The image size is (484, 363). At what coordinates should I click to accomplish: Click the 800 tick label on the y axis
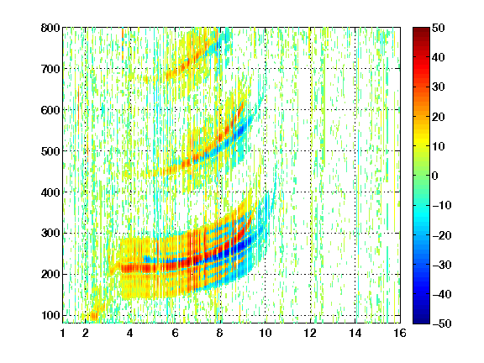[x=50, y=28]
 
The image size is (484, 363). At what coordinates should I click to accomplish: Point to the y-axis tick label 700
[x=50, y=69]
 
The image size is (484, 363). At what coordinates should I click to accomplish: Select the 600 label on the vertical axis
[x=50, y=110]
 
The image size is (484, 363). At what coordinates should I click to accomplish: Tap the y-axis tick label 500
[x=50, y=151]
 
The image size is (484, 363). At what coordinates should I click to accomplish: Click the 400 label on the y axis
[x=50, y=192]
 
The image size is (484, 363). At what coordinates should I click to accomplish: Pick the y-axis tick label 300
[x=50, y=234]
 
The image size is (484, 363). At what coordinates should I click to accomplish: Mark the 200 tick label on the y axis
[x=50, y=275]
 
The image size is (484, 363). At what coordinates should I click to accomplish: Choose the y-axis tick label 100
[x=50, y=315]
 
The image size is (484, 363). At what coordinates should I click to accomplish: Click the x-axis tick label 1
[x=63, y=333]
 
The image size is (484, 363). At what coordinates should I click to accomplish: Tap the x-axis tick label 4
[x=130, y=333]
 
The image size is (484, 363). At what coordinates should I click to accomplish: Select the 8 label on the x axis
[x=220, y=333]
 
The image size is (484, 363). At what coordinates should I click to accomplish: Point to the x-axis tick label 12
[x=310, y=333]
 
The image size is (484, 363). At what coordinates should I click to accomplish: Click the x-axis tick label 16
[x=400, y=333]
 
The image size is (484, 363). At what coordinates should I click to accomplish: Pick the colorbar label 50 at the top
[x=439, y=28]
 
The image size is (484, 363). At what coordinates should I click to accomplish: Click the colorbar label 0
[x=435, y=176]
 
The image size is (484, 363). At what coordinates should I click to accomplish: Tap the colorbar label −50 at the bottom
[x=442, y=324]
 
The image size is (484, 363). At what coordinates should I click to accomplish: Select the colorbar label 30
[x=439, y=87]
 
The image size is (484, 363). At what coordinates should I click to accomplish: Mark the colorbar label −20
[x=442, y=235]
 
